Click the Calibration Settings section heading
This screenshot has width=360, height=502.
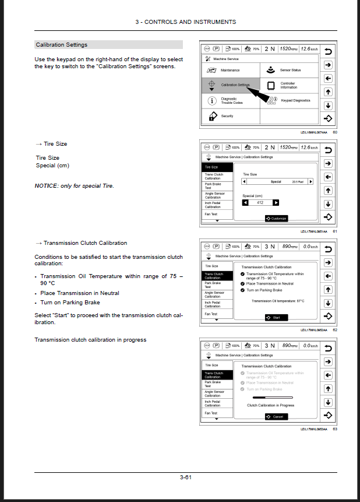[62, 45]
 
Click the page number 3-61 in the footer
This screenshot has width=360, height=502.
[186, 477]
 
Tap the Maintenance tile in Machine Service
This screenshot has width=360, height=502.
[230, 70]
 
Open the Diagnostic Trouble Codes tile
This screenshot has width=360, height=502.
[230, 101]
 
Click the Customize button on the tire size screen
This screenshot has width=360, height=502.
[277, 219]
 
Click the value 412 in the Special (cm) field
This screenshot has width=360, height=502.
[260, 202]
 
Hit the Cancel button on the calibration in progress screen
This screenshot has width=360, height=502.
[276, 416]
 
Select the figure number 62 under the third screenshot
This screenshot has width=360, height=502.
[335, 330]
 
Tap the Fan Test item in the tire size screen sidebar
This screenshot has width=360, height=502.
[211, 214]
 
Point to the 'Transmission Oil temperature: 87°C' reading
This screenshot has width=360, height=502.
[278, 301]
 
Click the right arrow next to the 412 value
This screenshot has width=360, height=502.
[276, 202]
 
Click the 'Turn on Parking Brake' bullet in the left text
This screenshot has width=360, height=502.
[70, 303]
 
